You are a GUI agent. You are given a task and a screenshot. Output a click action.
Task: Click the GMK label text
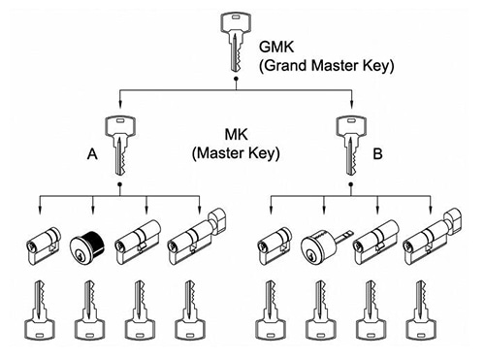coord(276,47)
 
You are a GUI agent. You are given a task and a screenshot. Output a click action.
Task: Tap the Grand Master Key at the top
coord(236,42)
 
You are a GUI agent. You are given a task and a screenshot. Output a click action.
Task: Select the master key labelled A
coord(120,146)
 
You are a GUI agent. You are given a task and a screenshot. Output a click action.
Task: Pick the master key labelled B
coord(351,146)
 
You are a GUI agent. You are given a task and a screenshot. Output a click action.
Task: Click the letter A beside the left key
coord(92,154)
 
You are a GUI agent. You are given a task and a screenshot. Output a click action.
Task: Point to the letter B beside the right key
coord(377,154)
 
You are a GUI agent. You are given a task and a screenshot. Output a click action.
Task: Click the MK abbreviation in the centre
coord(236,135)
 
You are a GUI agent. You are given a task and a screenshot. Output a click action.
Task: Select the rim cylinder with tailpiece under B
coord(327,245)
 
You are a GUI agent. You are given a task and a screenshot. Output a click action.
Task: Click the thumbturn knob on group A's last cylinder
coord(218,220)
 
